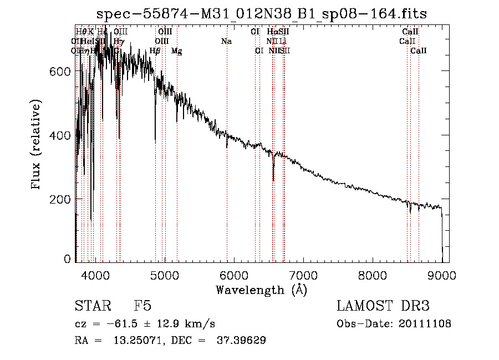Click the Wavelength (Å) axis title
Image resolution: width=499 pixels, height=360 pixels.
pyautogui.click(x=261, y=290)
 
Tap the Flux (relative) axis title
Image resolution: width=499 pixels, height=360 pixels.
pyautogui.click(x=37, y=145)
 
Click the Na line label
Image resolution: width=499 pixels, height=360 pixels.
pyautogui.click(x=226, y=41)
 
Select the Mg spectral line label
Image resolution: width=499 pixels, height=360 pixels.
pyautogui.click(x=176, y=51)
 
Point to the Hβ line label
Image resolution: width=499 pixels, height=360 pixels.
pyautogui.click(x=155, y=51)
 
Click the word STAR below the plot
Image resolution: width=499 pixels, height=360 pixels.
pyautogui.click(x=92, y=307)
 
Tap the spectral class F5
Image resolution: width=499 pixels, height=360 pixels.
pyautogui.click(x=142, y=307)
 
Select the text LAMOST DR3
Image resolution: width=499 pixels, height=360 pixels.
pyautogui.click(x=383, y=307)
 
